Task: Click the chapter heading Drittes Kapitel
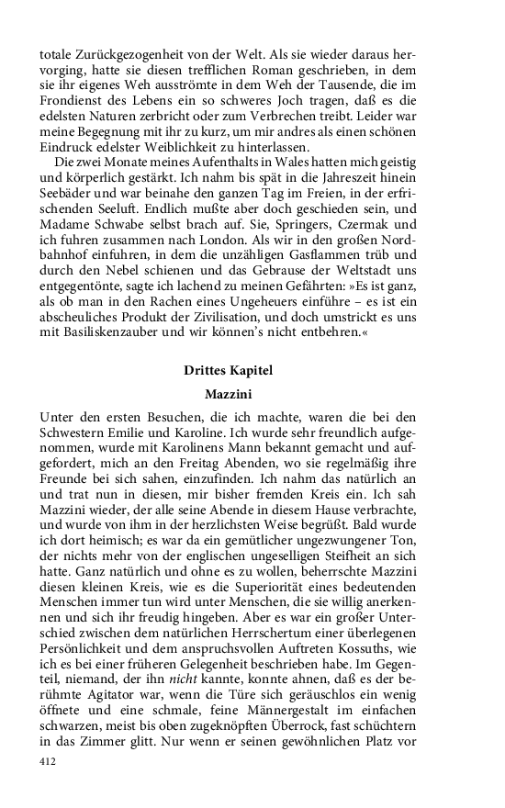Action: (x=228, y=371)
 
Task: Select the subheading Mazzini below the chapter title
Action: (x=228, y=393)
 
